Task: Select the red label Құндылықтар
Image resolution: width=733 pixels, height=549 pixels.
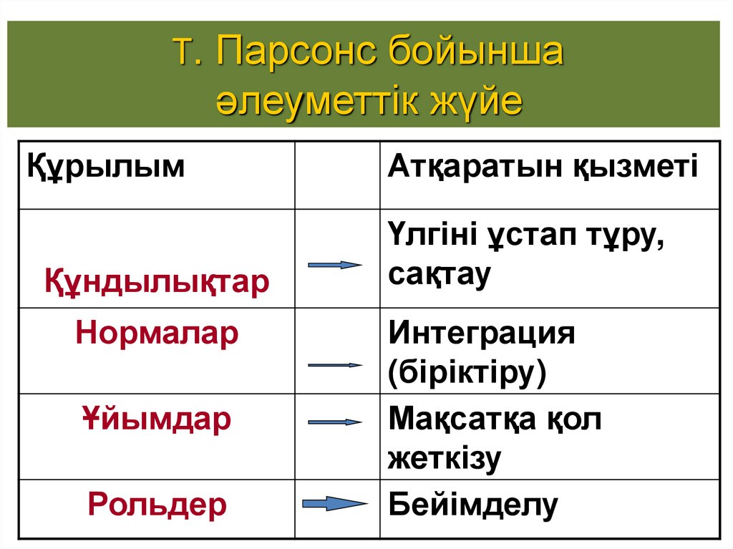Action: point(157,281)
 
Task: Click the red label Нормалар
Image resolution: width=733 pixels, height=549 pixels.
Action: point(157,334)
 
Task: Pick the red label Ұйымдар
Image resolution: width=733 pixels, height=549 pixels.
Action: point(156,419)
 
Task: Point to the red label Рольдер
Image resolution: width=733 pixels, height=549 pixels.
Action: point(157,505)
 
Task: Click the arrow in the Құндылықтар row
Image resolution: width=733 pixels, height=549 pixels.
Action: point(335,265)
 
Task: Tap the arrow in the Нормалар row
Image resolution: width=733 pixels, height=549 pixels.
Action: point(335,365)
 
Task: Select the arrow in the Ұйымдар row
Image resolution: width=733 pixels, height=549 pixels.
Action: point(335,422)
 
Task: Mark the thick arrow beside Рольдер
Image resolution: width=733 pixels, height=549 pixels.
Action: point(335,504)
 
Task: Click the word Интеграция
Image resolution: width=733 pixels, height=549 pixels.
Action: point(482,334)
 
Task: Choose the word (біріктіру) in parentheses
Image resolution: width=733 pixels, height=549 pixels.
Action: point(467,373)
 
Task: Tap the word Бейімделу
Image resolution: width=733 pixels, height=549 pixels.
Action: point(472,505)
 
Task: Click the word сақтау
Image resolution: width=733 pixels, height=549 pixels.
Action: point(439,274)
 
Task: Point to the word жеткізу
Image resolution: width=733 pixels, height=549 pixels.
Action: point(444,458)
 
